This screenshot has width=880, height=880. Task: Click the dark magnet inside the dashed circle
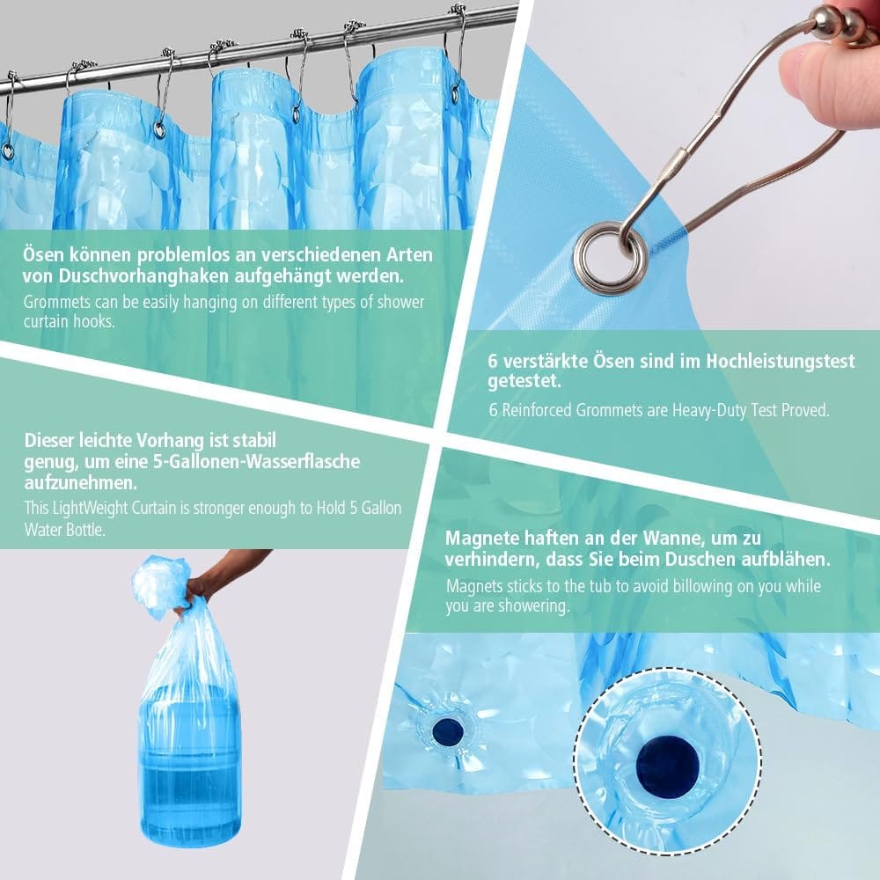click(668, 766)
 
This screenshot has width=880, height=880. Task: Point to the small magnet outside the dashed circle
click(448, 730)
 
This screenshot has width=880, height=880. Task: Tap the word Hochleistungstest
click(780, 362)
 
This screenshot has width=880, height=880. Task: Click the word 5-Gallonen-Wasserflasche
click(256, 462)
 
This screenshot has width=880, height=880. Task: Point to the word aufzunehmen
click(80, 482)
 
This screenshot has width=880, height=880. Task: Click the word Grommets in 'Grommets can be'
click(56, 302)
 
